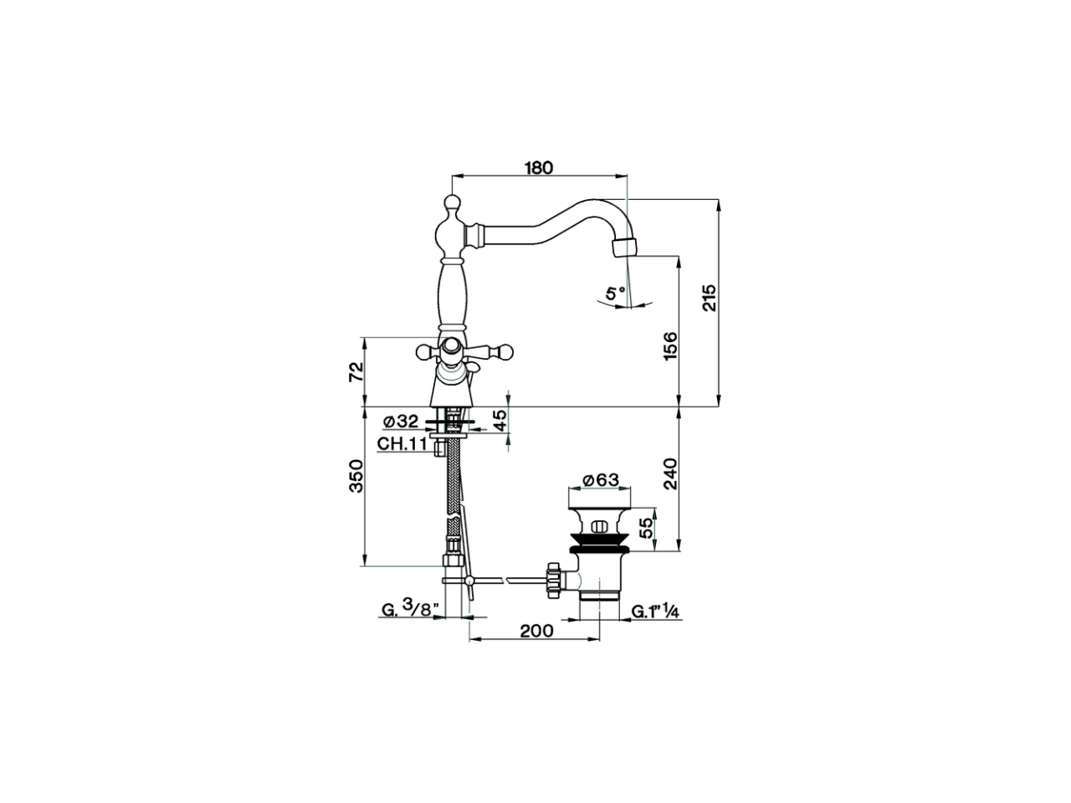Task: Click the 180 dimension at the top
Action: [539, 167]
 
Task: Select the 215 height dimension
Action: [709, 299]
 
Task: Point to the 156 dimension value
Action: [669, 346]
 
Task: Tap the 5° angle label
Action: [615, 294]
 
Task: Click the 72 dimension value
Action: [355, 371]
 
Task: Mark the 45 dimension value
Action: [499, 421]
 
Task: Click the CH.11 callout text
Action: [402, 444]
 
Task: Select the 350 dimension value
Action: [355, 476]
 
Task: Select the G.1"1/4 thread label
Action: [654, 611]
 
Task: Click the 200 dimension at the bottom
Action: [536, 631]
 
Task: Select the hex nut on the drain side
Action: [552, 579]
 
